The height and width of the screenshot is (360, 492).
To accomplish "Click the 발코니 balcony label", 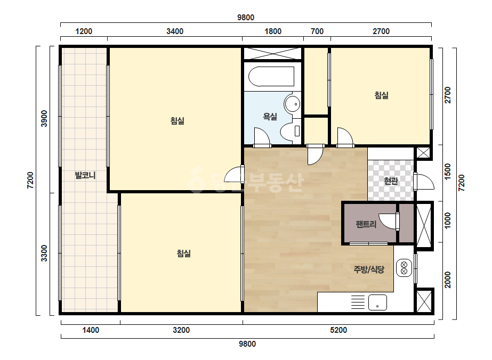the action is coord(85,175).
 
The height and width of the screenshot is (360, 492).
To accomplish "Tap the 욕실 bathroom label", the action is coord(270,117).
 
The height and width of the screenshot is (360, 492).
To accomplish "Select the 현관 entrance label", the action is coord(391,181).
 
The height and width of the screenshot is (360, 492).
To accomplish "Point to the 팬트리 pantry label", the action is coord(366,224).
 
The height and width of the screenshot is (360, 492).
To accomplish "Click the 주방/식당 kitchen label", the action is coord(369,269).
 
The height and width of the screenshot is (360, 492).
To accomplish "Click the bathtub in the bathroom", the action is coord(271,76).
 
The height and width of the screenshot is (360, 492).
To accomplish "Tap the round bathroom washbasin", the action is coord(293,104).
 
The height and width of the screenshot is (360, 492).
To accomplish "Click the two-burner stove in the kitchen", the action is coord(404,268).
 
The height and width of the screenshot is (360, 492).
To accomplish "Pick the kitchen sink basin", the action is coord(377,302).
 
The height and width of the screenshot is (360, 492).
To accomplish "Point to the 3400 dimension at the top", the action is coord(175,31).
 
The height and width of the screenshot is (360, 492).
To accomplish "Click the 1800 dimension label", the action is coord(273,31).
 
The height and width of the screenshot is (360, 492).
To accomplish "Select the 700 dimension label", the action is coord(317,31).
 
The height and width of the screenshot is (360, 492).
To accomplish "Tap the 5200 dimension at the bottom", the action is coord(338,330).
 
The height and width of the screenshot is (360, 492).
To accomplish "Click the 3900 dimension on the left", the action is coord(44,119).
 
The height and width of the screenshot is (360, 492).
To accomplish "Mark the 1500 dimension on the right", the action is coord(448,171).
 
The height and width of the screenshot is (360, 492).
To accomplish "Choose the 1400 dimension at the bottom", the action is coord(91,330).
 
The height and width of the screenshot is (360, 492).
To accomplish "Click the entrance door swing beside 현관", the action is coord(424,182).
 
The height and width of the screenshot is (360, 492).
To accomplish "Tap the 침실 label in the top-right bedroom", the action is coord(381,95).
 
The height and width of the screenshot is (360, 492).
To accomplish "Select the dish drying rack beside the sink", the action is coord(358,302).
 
